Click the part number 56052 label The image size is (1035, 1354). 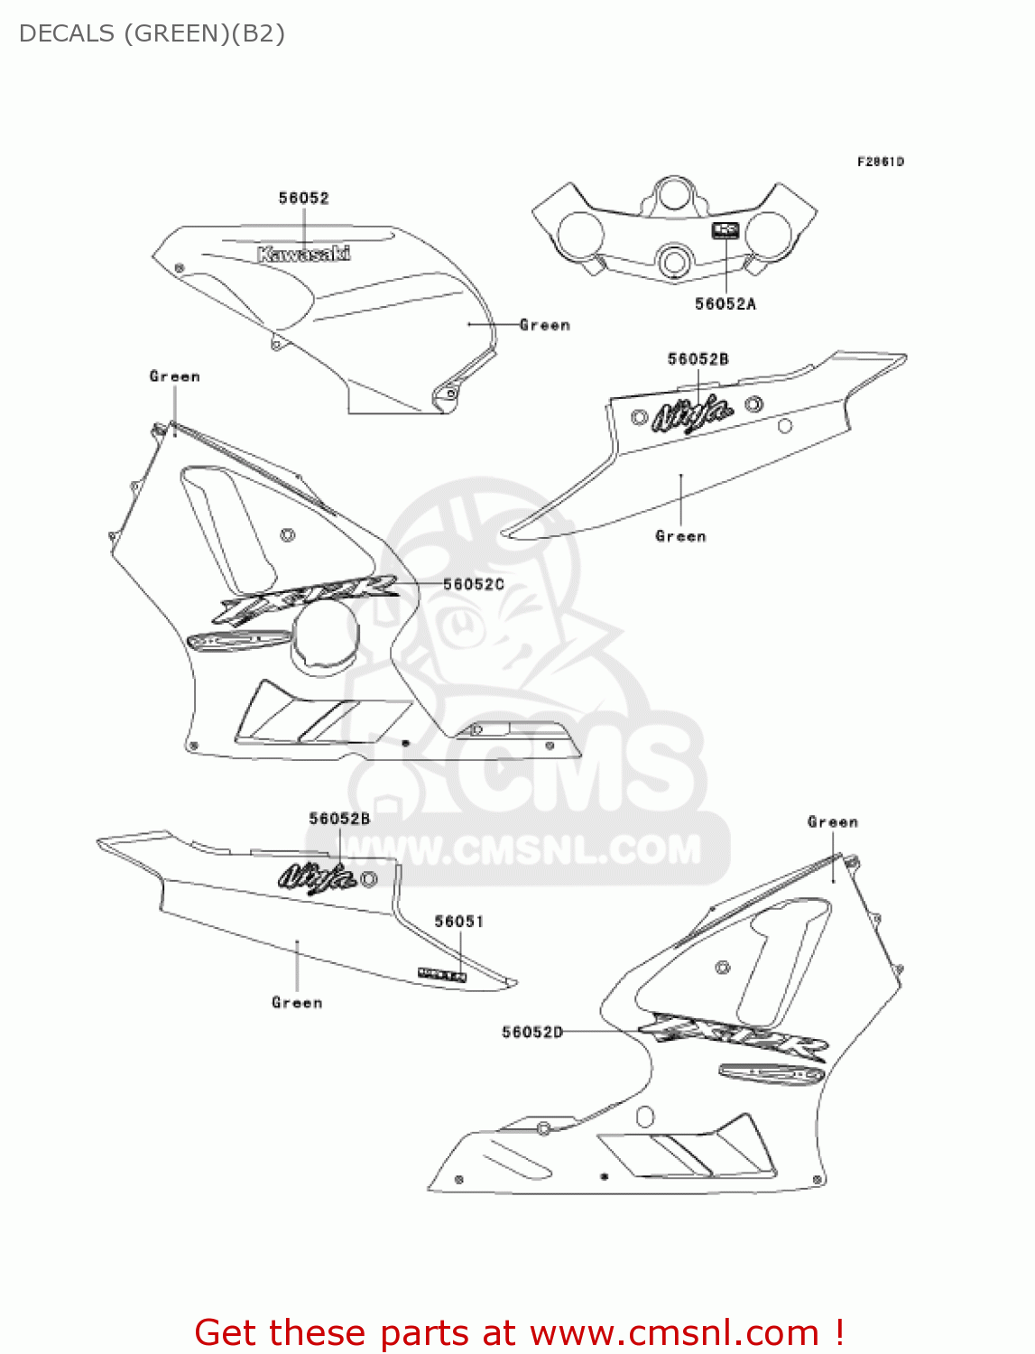(303, 198)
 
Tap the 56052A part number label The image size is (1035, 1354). (725, 304)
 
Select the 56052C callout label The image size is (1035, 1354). (474, 584)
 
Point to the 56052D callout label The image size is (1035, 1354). (532, 1032)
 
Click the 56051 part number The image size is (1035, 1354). (459, 921)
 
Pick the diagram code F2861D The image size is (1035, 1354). (880, 162)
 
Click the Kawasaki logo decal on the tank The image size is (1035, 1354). (303, 254)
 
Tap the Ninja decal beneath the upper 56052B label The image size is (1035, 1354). (692, 414)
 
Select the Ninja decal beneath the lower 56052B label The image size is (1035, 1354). (317, 876)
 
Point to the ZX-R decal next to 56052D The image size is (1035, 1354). (733, 1035)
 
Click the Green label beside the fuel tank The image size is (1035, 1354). (545, 325)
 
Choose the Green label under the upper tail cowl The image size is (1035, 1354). (680, 536)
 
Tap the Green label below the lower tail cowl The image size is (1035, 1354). (297, 1002)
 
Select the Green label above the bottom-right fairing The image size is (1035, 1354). (832, 821)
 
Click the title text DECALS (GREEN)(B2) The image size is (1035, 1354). (152, 33)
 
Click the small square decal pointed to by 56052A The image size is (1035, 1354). (725, 230)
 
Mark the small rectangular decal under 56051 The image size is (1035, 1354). (442, 974)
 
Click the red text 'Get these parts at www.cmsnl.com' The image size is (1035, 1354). (519, 1332)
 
